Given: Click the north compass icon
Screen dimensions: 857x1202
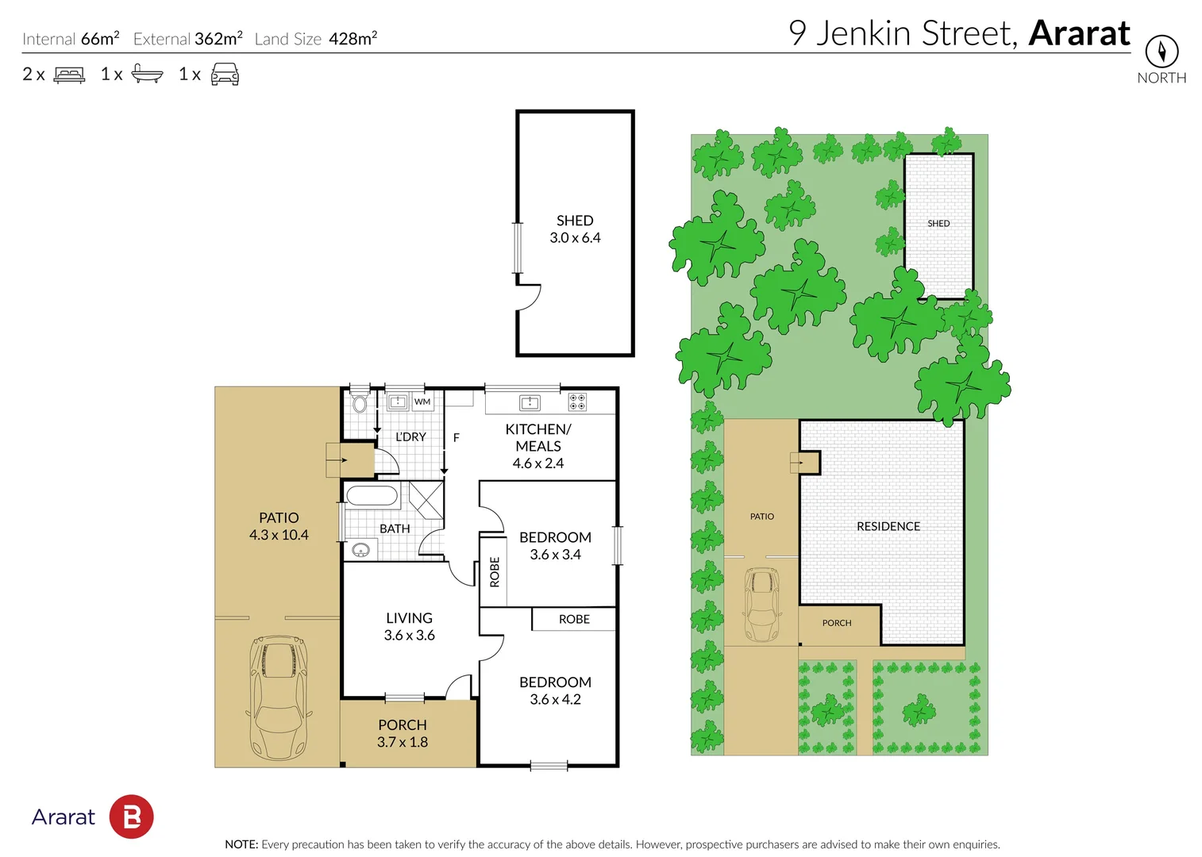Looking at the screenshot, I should tap(1162, 52).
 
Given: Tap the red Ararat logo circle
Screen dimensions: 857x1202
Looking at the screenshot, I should tap(131, 817).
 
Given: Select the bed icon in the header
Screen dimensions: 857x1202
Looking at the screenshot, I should tap(69, 75).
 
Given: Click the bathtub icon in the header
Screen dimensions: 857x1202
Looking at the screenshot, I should tap(147, 75).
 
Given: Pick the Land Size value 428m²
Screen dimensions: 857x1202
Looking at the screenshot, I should tap(353, 39).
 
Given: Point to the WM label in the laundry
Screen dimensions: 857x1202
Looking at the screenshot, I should tap(422, 402).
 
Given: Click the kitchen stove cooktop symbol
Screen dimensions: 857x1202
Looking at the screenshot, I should tap(577, 402).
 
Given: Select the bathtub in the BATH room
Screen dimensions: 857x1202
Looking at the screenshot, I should tap(372, 497).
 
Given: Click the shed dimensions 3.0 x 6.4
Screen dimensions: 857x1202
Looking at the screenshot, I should tap(575, 238).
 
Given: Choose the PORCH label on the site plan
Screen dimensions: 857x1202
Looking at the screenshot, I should tap(837, 623).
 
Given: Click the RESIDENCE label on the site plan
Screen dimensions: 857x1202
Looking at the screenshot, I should tap(888, 526).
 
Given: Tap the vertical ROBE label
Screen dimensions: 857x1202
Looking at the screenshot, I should tap(495, 571).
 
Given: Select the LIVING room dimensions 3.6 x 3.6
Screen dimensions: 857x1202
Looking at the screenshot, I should tap(409, 636).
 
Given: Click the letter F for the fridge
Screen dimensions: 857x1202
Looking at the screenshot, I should tap(457, 437).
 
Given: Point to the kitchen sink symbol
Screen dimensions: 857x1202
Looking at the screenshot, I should tap(530, 403).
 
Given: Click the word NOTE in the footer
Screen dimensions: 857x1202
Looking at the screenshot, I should tap(241, 844).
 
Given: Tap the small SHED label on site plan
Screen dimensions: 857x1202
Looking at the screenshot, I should tap(938, 224).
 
